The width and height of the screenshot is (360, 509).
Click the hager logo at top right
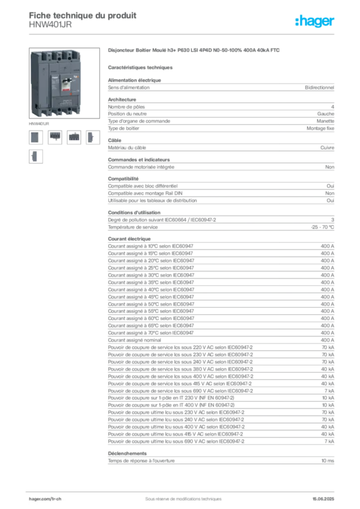click(x=315, y=21)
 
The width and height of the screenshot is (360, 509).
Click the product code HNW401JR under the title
click(x=50, y=25)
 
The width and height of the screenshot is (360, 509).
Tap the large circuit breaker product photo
click(x=64, y=83)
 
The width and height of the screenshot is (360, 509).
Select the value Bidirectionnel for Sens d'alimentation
click(x=319, y=87)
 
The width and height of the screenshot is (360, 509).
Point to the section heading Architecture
click(x=122, y=99)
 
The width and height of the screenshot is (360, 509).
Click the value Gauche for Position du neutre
click(x=326, y=114)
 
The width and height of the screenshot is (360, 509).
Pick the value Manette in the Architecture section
click(x=325, y=121)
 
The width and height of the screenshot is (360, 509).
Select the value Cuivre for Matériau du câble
click(x=327, y=148)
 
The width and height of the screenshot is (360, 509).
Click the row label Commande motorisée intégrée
click(x=141, y=167)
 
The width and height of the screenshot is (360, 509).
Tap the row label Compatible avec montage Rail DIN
click(x=145, y=193)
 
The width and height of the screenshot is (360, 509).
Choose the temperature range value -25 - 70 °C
click(x=322, y=227)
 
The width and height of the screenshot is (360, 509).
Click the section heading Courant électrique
click(x=129, y=239)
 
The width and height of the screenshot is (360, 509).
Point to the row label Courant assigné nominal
click(x=134, y=340)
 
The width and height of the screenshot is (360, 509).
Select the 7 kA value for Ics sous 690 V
click(x=329, y=391)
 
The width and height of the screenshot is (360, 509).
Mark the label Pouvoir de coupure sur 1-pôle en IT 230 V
click(x=171, y=398)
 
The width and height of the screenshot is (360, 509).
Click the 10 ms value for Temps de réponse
click(x=328, y=461)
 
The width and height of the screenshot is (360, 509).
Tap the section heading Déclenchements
click(x=127, y=453)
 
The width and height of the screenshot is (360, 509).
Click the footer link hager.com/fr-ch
click(x=45, y=499)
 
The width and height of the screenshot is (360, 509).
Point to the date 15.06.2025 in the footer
click(x=323, y=499)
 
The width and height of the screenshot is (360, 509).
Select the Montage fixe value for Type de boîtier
click(x=320, y=129)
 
